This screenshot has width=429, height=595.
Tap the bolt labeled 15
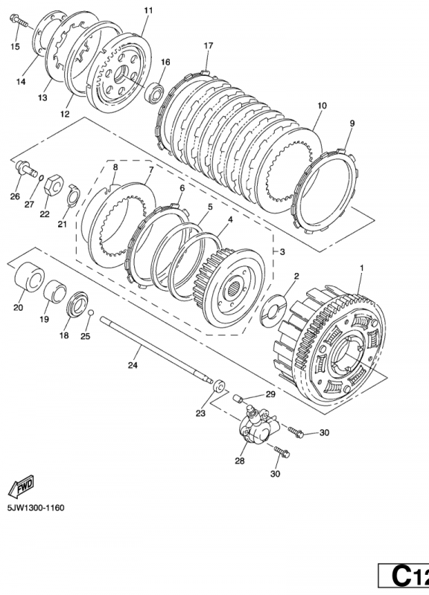pos(20,25)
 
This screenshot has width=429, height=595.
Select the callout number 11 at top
pos(147,10)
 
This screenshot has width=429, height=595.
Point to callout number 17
pos(209,46)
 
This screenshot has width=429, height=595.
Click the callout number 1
pos(362,267)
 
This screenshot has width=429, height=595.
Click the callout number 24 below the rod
pos(133,365)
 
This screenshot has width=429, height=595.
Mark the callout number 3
pos(282,252)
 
